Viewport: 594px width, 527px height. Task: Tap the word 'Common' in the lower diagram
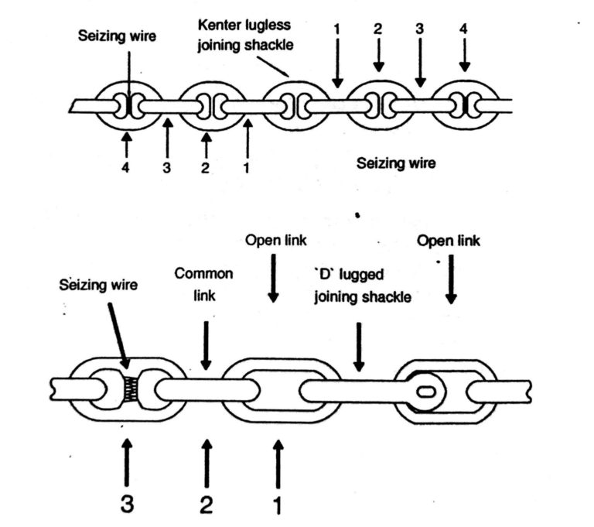point(204,274)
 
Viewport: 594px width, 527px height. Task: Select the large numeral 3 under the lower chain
point(126,503)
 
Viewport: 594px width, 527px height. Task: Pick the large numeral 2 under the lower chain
point(205,503)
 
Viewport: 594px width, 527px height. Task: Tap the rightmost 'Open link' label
point(449,241)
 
